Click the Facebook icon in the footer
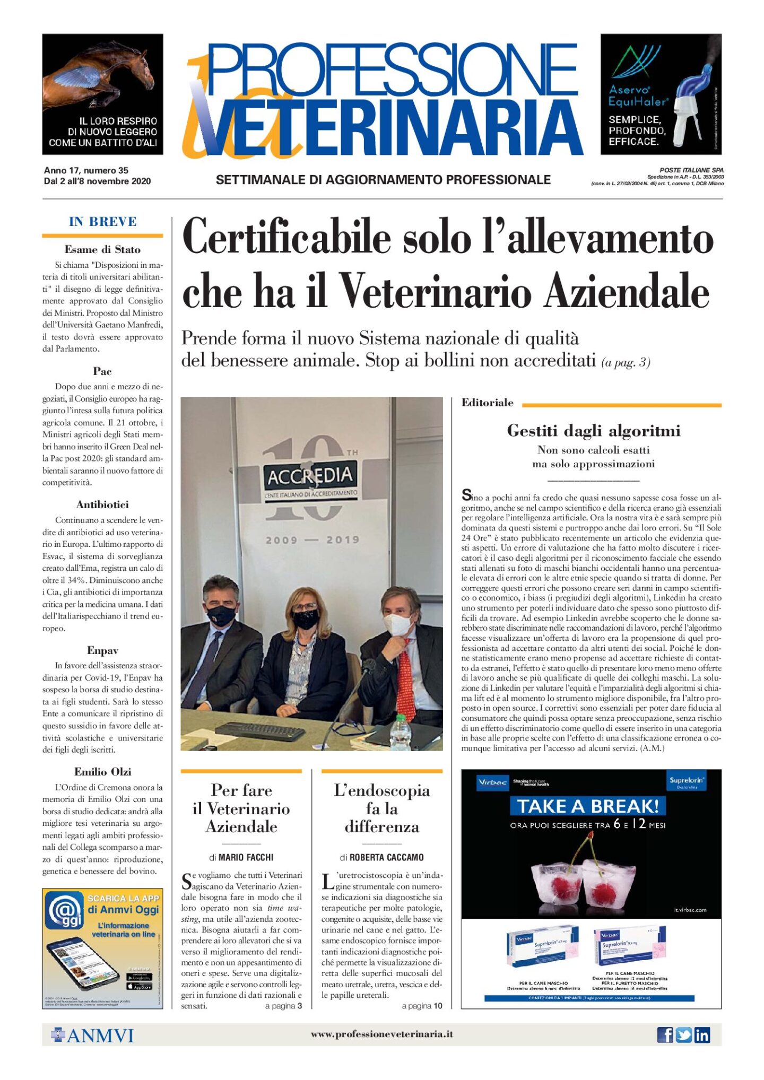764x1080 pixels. [x=664, y=1034]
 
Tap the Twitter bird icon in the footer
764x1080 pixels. [x=683, y=1034]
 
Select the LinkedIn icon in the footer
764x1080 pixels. [x=702, y=1034]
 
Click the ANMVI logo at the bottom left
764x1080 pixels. [x=93, y=1035]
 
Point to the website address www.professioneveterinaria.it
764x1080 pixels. [x=381, y=1034]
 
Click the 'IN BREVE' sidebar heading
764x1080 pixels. [x=102, y=222]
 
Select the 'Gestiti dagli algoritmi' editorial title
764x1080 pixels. [x=593, y=430]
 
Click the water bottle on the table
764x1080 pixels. [x=401, y=733]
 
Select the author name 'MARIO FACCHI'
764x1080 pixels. [x=246, y=857]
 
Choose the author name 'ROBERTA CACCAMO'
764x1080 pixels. [x=386, y=857]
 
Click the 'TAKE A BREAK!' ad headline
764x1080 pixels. [x=588, y=806]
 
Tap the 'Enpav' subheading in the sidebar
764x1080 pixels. [x=102, y=650]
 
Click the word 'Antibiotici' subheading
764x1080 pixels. [x=102, y=504]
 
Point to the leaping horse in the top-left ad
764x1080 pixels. [x=106, y=74]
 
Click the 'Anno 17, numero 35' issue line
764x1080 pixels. [x=86, y=170]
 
